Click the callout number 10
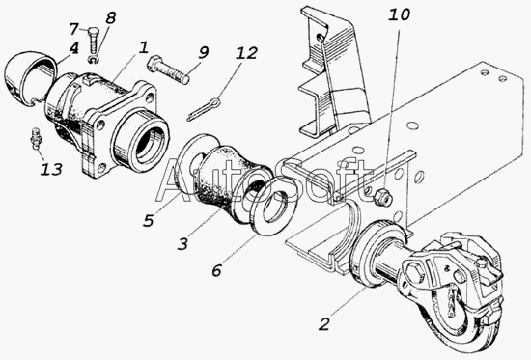pos(399,15)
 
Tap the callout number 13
pos(51,169)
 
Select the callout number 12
pos(247,53)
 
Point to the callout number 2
pos(324,324)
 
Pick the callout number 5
pos(149,220)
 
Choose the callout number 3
pos(182,243)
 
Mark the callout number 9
pos(203,52)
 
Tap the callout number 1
pos(144,47)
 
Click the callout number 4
pos(73,48)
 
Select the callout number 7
pos(74,28)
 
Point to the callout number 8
pos(110,17)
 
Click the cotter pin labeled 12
pos(204,109)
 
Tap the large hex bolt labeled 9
pos(168,69)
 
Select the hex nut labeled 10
pos(382,197)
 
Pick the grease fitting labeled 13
pos(35,138)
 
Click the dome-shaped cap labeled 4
pos(30,78)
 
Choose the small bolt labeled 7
pos(93,41)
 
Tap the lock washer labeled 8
pos(95,60)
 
